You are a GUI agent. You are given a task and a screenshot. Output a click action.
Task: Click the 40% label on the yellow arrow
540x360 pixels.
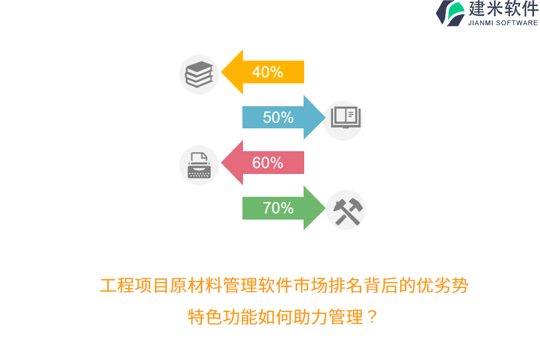tap(268, 72)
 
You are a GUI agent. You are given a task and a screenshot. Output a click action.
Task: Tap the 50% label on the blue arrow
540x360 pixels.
tap(278, 118)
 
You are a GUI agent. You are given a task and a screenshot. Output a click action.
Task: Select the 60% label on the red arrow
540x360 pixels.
tap(268, 163)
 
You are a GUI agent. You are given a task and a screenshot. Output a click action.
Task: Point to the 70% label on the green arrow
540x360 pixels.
tap(278, 208)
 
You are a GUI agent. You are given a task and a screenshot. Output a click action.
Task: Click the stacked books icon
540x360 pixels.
tap(199, 74)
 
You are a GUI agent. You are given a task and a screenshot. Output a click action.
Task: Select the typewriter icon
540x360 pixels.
tap(199, 165)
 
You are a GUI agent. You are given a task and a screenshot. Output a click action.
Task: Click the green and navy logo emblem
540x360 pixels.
tap(451, 13)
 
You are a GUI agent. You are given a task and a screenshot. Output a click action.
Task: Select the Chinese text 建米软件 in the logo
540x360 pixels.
tap(503, 9)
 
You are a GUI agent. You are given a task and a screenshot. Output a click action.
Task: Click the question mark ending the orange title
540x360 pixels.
tap(372, 316)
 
